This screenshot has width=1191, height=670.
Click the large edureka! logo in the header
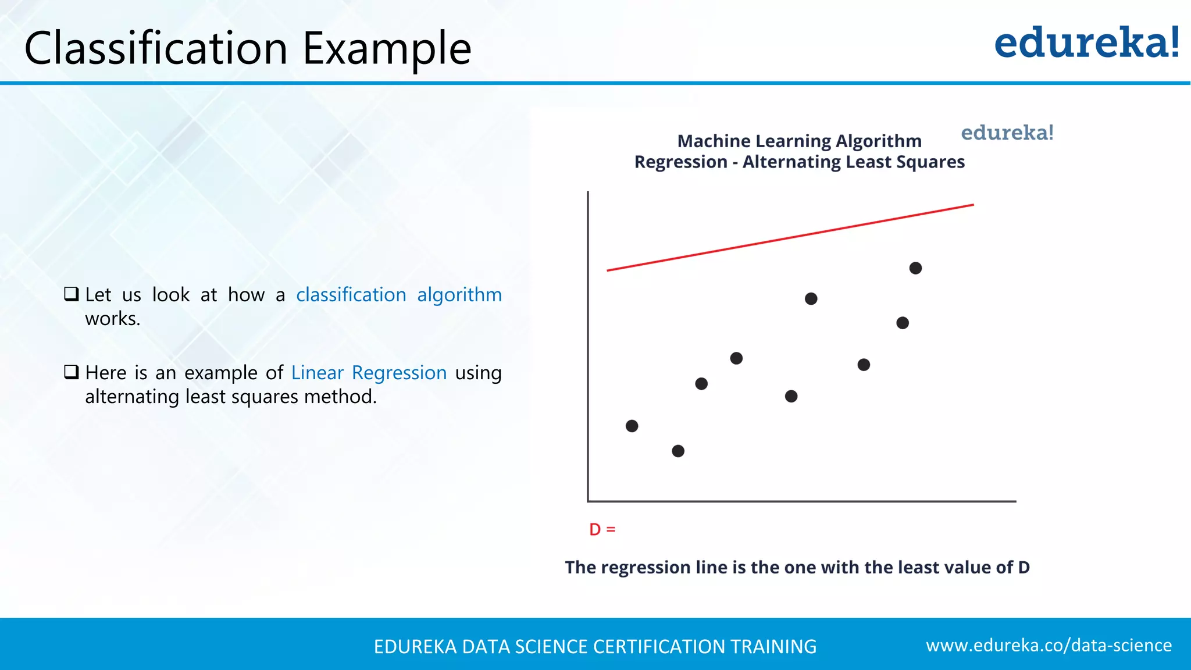click(1086, 43)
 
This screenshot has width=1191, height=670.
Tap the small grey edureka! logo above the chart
click(1007, 133)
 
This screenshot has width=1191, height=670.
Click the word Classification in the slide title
click(156, 48)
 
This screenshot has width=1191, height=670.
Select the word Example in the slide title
click(387, 48)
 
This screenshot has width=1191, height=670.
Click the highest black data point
click(915, 268)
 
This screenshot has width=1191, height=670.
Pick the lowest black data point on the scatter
click(678, 451)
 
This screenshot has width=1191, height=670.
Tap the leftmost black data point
click(632, 426)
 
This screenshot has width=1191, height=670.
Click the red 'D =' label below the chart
click(602, 529)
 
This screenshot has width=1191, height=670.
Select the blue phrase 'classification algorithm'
click(398, 295)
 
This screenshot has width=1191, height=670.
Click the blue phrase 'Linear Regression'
click(369, 373)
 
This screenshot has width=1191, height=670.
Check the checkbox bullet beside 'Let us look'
click(72, 294)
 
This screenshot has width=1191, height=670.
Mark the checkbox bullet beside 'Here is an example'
click(72, 372)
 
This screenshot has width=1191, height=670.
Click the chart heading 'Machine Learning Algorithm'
click(799, 141)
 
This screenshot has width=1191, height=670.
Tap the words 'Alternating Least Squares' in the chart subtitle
click(853, 162)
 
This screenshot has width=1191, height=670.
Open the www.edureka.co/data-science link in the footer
click(1049, 645)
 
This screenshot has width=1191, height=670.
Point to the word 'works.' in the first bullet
click(113, 319)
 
